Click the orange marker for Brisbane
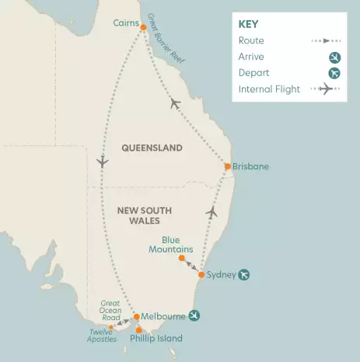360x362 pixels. coord(227,166)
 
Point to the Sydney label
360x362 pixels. coord(222,274)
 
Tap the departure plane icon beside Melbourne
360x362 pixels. coord(194,315)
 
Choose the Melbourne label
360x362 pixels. coord(164,316)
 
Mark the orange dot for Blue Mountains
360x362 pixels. coord(181,258)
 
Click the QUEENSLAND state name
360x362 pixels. coord(152,148)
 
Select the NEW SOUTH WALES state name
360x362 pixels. coord(144,215)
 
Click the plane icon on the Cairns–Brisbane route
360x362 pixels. coord(175,103)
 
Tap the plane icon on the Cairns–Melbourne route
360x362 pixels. coord(102,162)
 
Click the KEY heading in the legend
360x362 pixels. coord(248,23)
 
